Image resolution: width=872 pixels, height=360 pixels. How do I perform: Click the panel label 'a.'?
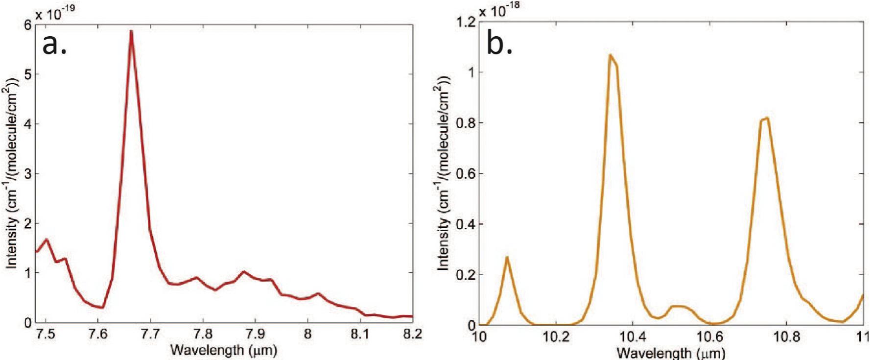pyautogui.click(x=54, y=45)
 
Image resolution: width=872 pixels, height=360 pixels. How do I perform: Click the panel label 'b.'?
pyautogui.click(x=499, y=45)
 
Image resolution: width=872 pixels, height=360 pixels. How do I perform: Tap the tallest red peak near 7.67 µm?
pyautogui.click(x=131, y=31)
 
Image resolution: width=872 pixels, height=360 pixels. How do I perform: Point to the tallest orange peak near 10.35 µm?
pyautogui.click(x=611, y=55)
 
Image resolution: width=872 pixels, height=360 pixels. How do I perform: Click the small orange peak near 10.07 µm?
pyautogui.click(x=507, y=258)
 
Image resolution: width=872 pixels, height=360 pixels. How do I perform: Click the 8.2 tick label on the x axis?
pyautogui.click(x=412, y=335)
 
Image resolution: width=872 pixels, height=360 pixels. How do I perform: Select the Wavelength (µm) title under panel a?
pyautogui.click(x=223, y=350)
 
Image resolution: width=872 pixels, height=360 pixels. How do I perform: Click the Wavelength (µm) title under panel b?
pyautogui.click(x=670, y=353)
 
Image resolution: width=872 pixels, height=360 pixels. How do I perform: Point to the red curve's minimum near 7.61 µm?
pyautogui.click(x=102, y=308)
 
